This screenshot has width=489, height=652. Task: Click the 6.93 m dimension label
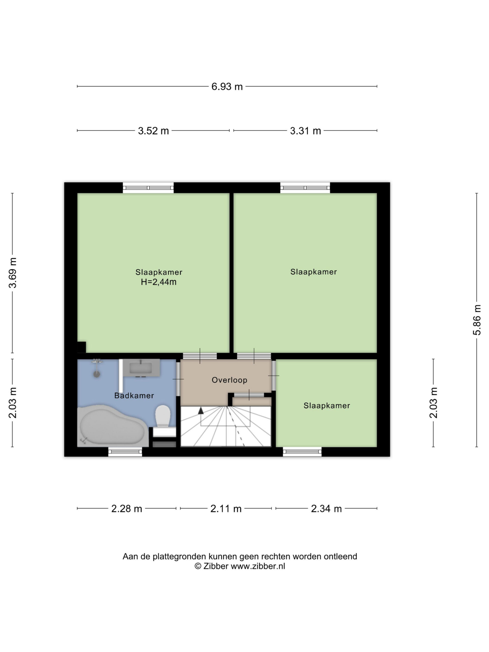(227, 87)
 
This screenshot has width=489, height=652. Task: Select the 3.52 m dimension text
(153, 131)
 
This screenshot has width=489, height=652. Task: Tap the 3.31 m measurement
(305, 131)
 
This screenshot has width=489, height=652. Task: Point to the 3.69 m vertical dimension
(13, 273)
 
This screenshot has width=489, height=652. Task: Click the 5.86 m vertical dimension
(477, 320)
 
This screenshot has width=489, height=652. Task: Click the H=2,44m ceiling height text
(159, 282)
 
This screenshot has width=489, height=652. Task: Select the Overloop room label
(229, 380)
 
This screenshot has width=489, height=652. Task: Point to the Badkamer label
(134, 396)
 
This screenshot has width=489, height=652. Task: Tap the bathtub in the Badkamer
(112, 425)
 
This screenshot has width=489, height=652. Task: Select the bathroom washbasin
(141, 368)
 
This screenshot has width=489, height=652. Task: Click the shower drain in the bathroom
(97, 374)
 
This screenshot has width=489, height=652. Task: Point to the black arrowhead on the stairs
(201, 410)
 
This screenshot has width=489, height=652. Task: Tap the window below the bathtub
(125, 452)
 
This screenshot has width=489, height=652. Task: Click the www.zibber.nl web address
(258, 566)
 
